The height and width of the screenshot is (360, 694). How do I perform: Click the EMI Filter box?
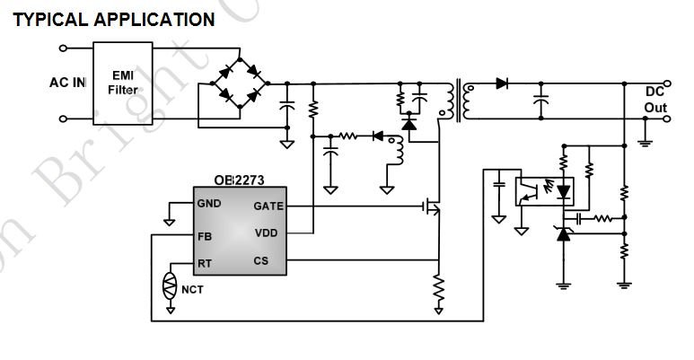[x=123, y=83]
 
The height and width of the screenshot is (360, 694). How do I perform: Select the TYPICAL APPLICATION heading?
[x=113, y=18]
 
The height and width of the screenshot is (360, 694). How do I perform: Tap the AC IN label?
[x=67, y=83]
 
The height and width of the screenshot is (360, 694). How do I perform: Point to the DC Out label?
[x=655, y=100]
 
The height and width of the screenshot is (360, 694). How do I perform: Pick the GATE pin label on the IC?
[x=268, y=206]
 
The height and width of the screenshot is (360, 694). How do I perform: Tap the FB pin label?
[x=206, y=238]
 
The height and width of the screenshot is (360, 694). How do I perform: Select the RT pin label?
[x=206, y=263]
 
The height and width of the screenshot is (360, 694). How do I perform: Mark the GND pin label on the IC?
[x=210, y=204]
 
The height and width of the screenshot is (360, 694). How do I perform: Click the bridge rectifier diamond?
[x=242, y=83]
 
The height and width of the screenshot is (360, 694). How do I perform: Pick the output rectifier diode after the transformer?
[x=501, y=83]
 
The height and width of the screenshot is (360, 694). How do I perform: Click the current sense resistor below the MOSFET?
[x=438, y=287]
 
